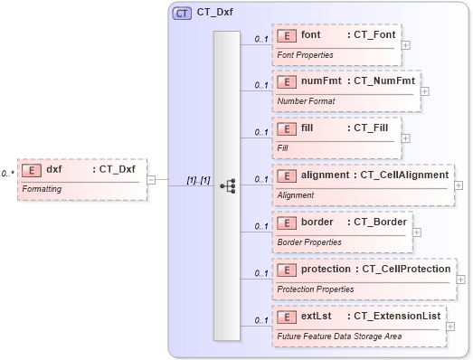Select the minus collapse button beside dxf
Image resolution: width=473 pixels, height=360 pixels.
coord(151,179)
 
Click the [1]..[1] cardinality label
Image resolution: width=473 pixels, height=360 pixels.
coord(198,179)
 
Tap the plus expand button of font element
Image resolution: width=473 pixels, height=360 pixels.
coord(406,44)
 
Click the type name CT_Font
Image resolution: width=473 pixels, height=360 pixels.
coord(374,34)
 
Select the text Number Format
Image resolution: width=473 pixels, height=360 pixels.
coord(305,101)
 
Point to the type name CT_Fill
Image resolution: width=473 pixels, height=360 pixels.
coord(371,128)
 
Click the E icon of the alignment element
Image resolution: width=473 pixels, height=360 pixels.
coord(287,175)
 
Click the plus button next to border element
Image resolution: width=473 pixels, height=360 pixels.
coord(416,232)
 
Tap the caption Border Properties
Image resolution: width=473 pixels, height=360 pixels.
coord(309,242)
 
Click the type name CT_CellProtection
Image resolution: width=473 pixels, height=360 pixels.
coord(405,269)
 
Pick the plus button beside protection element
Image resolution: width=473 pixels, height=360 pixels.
coord(461,279)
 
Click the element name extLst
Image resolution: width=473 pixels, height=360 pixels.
coord(316,317)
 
